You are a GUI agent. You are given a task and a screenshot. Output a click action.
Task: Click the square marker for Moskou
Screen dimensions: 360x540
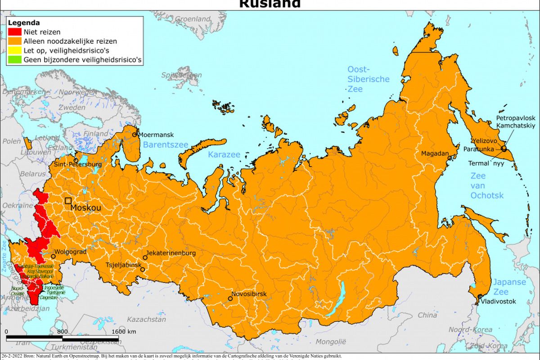68,201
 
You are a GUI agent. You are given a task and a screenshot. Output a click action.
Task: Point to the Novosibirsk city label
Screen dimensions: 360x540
249,294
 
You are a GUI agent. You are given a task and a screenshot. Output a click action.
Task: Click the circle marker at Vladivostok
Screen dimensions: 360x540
480,296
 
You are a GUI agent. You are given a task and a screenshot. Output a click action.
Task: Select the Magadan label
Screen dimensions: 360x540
435,153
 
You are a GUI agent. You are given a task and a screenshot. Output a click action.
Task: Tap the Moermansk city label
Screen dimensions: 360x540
155,134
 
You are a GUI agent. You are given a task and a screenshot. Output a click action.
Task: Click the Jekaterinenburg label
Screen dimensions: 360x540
171,253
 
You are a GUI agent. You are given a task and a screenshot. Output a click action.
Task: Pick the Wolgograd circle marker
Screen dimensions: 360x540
53,256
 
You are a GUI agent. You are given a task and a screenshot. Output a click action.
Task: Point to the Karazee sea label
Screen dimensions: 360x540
224,155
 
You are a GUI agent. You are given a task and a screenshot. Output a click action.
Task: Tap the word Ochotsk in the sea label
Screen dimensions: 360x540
487,195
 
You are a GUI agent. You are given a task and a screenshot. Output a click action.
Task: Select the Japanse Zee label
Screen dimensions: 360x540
509,287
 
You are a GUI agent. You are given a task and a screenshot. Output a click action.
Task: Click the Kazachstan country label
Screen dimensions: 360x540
146,319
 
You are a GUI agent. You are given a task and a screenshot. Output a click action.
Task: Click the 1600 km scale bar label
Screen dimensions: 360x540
123,332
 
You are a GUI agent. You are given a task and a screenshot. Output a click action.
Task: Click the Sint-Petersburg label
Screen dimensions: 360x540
78,164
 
